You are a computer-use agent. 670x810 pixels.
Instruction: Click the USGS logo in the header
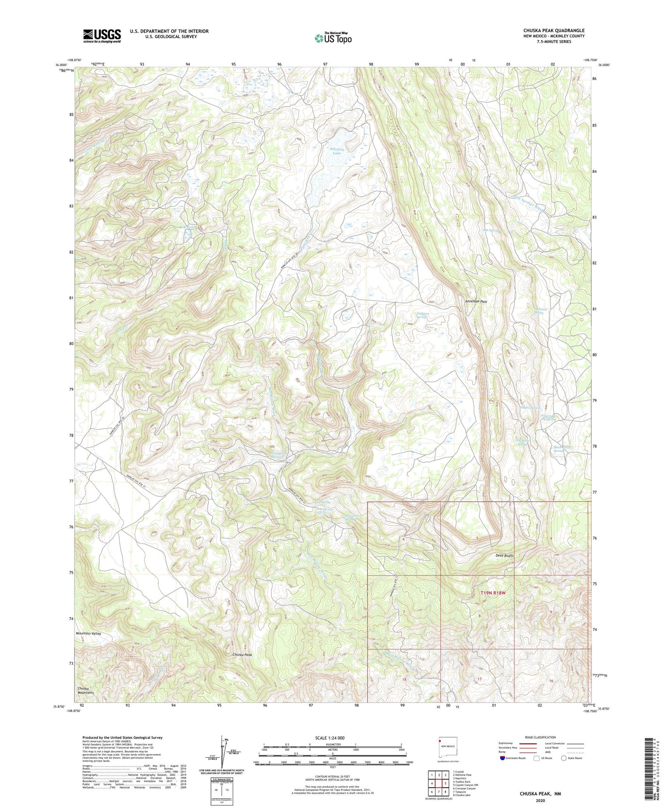[x=102, y=36]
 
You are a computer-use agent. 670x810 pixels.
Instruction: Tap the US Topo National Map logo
[x=333, y=38]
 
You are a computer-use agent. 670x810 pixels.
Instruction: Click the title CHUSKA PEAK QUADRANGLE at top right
[x=554, y=30]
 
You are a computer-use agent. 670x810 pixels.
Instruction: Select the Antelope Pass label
[x=476, y=302]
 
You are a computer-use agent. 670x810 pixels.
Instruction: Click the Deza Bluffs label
[x=504, y=556]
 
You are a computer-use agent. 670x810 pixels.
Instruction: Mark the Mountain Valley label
[x=88, y=634]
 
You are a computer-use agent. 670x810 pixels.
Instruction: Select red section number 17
[x=480, y=679]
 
